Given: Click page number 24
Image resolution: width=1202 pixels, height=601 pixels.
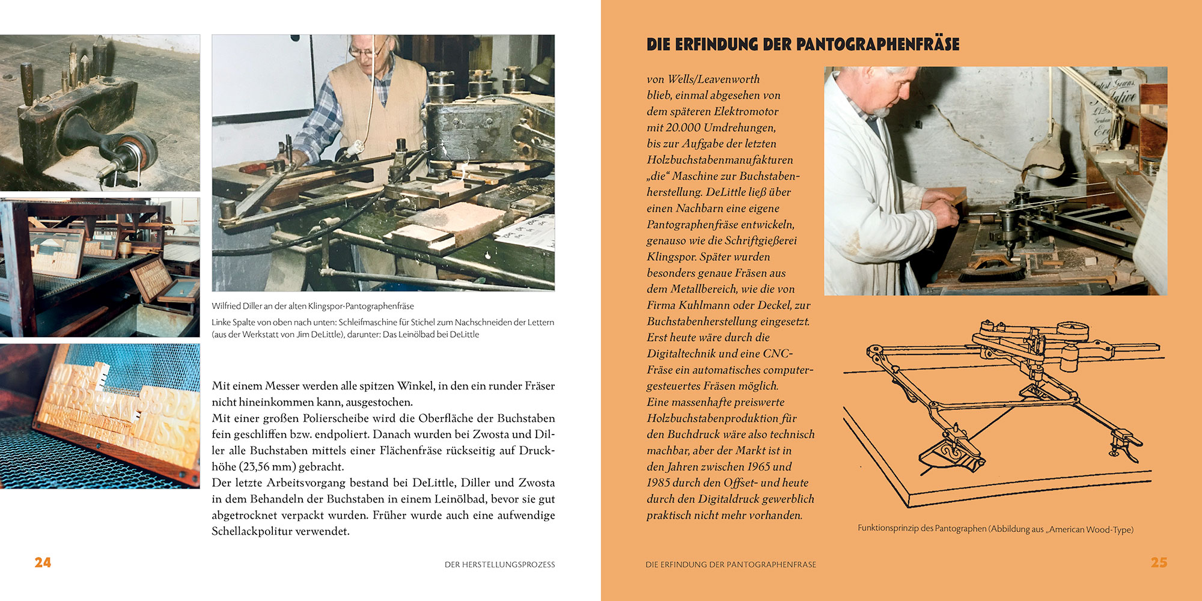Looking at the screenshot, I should [43, 563].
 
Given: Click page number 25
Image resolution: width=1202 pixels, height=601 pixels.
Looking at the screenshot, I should [1159, 563].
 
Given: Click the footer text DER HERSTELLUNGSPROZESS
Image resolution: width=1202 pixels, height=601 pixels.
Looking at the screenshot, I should [499, 565].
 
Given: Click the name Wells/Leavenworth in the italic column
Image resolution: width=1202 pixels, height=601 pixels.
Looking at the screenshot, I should [713, 79].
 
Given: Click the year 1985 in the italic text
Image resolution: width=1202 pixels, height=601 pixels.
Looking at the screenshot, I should [659, 483].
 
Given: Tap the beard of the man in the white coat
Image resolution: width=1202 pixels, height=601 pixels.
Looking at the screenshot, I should [879, 112].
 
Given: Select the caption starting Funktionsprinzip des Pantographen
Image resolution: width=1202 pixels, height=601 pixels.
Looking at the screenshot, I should [995, 529].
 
